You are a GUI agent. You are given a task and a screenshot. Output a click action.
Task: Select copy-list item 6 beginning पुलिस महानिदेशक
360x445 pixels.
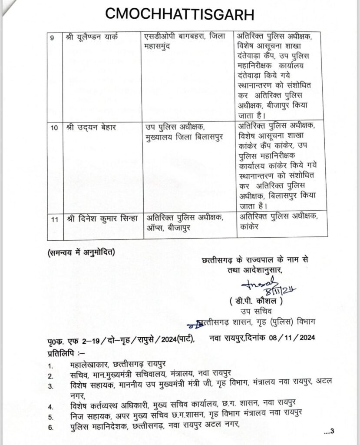tap(154, 428)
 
